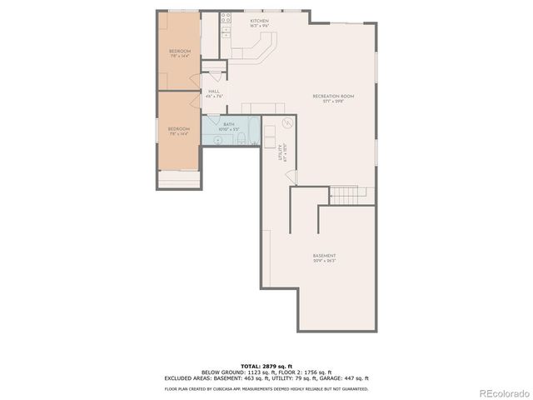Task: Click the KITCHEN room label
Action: (x=259, y=20)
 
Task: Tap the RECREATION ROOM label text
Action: (x=333, y=97)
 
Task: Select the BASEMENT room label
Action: (x=324, y=256)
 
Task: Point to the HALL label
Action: (x=214, y=92)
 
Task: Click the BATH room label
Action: (x=228, y=125)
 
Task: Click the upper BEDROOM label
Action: (x=180, y=52)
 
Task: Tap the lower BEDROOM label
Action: (x=179, y=129)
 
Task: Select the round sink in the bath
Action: (x=217, y=141)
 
